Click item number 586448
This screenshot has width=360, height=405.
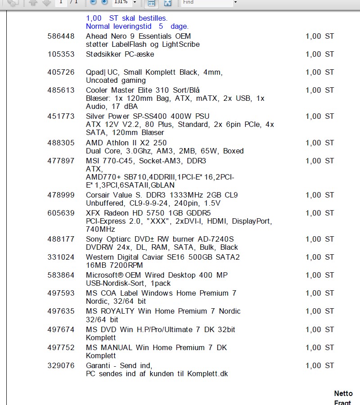pos(61,36)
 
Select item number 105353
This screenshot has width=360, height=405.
pos(61,54)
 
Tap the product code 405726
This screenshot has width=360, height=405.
pos(61,72)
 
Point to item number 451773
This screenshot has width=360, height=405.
pos(61,117)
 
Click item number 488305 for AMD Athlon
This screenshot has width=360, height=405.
pos(61,143)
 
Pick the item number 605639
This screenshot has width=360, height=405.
pos(61,213)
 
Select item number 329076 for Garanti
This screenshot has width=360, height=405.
pos(61,366)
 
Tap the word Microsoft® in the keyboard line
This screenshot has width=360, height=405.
pos(104,275)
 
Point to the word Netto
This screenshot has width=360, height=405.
pos(343,394)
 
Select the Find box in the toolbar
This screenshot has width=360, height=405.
pos(207,2)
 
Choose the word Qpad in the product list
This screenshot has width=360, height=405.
pos(94,72)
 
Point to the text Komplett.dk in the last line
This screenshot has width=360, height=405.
pos(208,374)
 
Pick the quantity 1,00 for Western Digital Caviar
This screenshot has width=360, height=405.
pos(313,257)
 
